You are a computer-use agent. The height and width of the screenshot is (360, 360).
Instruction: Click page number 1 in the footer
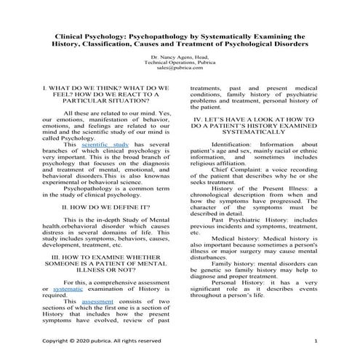(x=316, y=340)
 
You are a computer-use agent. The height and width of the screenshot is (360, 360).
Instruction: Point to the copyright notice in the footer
(x=102, y=340)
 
